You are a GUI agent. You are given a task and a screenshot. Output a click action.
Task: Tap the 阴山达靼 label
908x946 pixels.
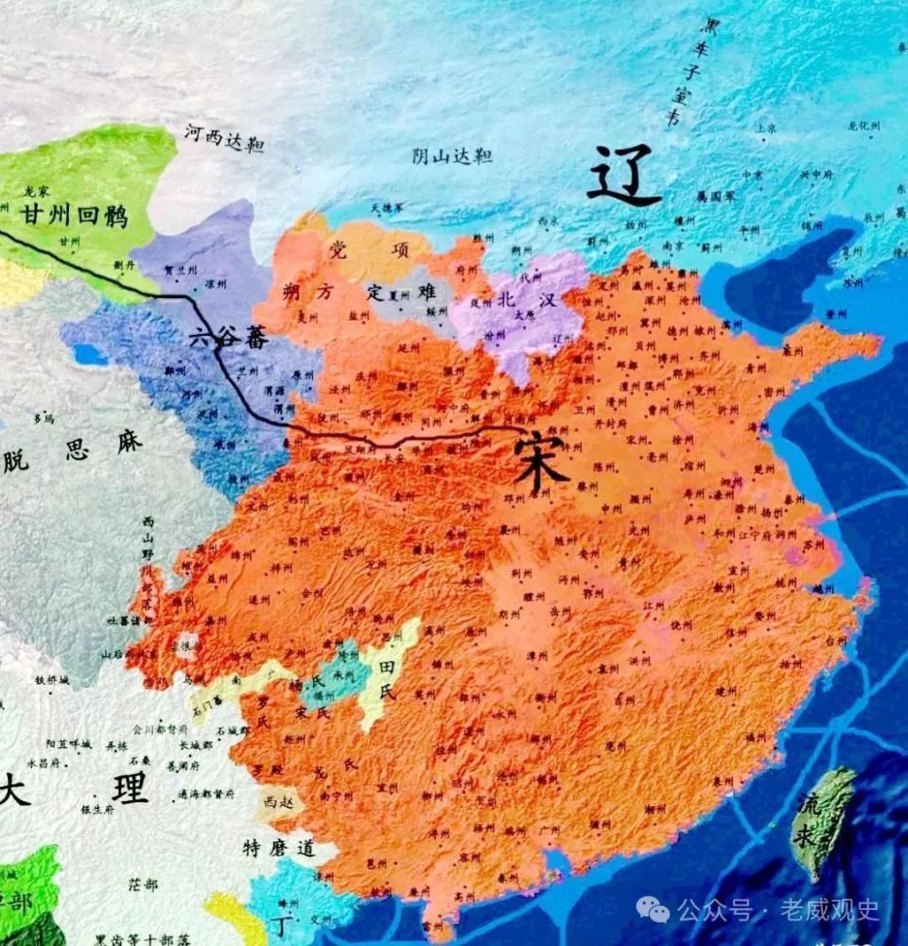coord(452,156)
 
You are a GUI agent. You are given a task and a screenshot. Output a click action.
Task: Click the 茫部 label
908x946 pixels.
coord(143,884)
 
